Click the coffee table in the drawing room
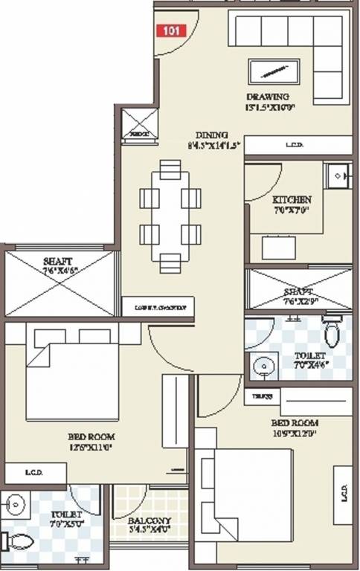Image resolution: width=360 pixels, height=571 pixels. [x=275, y=73]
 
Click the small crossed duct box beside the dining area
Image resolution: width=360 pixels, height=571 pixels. [x=140, y=122]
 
